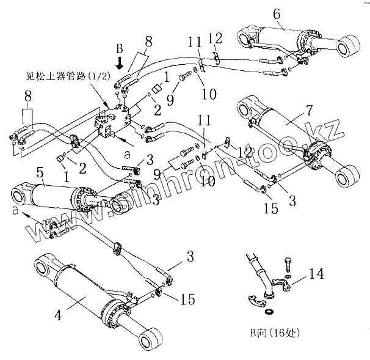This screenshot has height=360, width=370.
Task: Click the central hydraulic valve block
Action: (115, 122)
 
